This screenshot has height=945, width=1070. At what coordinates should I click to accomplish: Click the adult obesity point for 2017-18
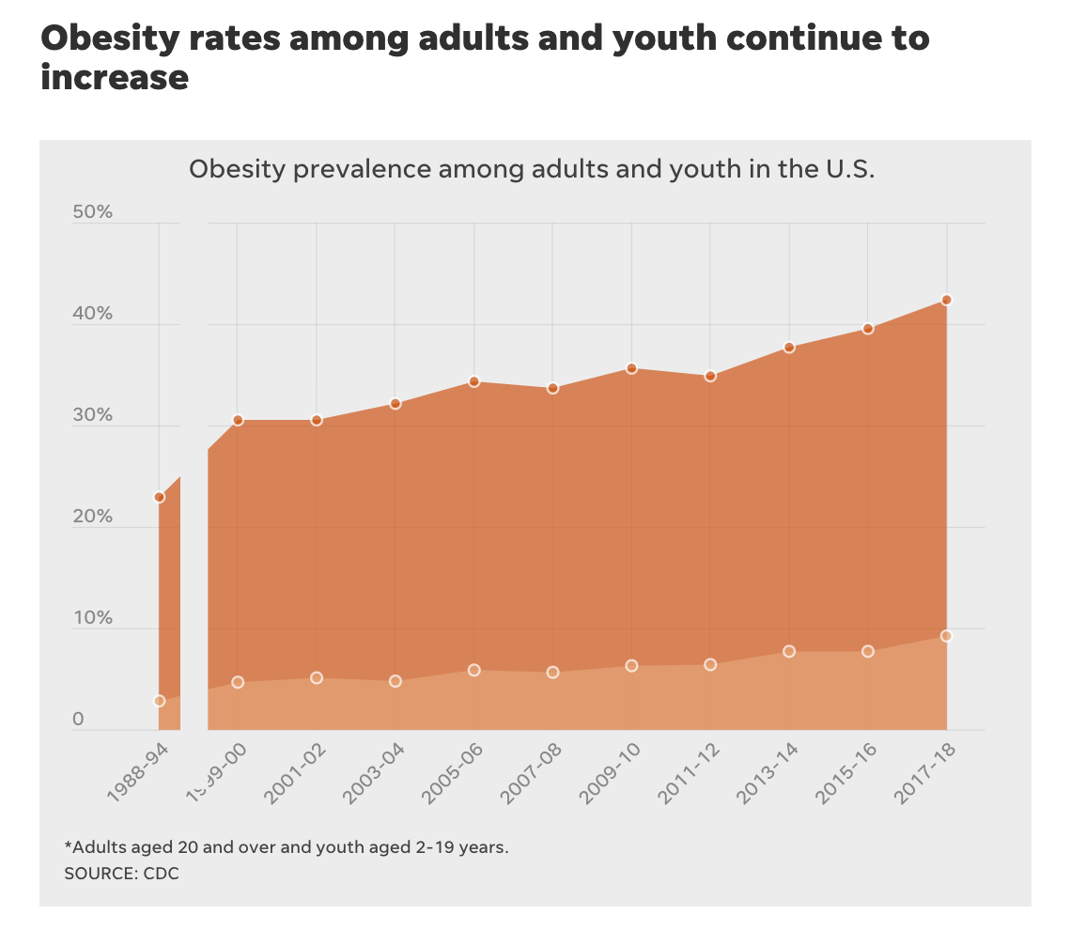coord(947,300)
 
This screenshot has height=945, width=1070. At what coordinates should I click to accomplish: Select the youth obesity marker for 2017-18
coord(947,636)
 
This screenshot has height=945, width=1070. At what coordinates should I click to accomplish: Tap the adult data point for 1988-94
coord(160,497)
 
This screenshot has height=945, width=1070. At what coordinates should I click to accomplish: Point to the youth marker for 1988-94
coord(160,701)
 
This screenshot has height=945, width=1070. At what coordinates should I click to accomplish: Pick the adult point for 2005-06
coord(474,381)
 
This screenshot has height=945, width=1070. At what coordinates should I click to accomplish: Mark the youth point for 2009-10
coord(632,666)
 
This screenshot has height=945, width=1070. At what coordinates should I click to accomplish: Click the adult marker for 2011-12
coord(711,376)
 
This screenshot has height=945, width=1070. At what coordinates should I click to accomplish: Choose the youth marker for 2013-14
coord(790,651)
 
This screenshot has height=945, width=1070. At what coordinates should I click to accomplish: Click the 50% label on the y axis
coord(92,212)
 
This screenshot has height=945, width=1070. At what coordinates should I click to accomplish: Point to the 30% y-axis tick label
coord(92,415)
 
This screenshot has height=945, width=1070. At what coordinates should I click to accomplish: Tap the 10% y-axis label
coord(92,618)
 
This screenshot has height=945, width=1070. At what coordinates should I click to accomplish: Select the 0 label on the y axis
coord(79,720)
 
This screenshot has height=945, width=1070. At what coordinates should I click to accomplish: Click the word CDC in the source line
coord(161,874)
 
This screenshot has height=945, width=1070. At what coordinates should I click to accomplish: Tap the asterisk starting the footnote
coord(68,846)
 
